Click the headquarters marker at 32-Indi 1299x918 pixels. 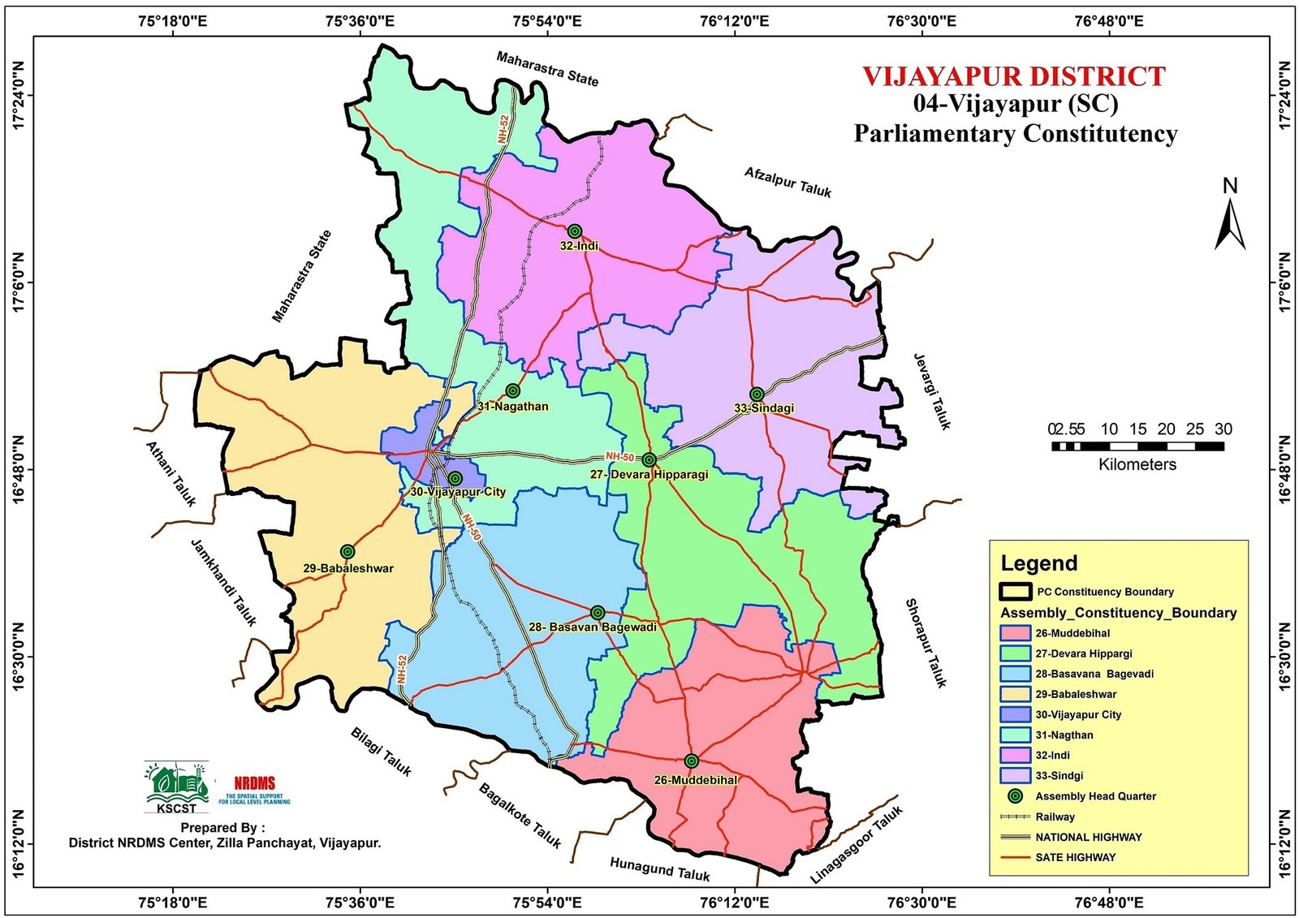click(575, 231)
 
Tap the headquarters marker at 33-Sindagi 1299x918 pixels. click(757, 394)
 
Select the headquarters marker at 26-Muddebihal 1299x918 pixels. click(691, 761)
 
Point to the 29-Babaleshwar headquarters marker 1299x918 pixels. click(347, 551)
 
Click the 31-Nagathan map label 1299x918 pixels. click(512, 407)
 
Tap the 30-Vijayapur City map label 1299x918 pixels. click(458, 492)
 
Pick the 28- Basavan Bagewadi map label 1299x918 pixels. click(592, 627)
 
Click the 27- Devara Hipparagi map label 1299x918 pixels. click(649, 474)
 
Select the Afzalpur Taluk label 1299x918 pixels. click(788, 182)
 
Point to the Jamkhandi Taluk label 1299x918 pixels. click(223, 582)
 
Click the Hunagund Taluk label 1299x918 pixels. click(659, 869)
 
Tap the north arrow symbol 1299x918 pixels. click(1230, 217)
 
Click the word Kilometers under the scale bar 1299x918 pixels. click(1137, 465)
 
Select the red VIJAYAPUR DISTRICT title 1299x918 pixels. click(1013, 76)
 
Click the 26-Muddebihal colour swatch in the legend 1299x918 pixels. click(1015, 633)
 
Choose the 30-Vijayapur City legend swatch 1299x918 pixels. click(1015, 714)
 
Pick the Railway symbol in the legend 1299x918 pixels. click(1015, 817)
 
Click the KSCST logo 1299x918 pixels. click(176, 787)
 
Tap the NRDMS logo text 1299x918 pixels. click(254, 784)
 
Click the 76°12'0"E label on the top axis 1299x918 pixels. click(734, 21)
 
